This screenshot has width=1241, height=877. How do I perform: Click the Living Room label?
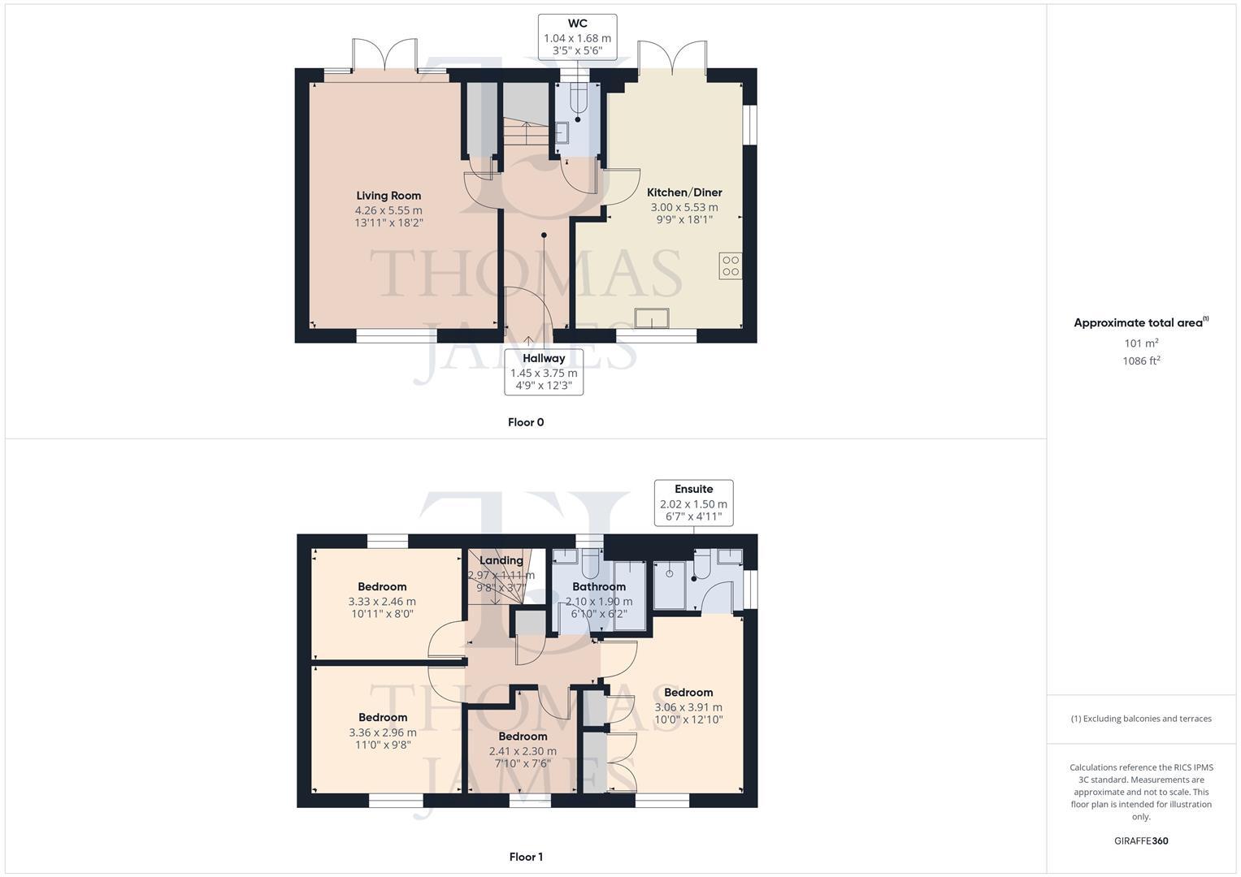coord(388,196)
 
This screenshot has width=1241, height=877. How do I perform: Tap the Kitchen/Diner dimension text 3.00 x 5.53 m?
coord(684,207)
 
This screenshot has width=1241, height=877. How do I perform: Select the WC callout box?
coord(577,37)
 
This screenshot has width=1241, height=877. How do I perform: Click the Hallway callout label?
coord(544,358)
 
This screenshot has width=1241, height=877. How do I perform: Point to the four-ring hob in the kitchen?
coord(730,266)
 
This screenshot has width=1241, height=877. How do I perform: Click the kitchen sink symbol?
coord(653,318)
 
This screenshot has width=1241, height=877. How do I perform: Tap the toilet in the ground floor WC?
coord(579,99)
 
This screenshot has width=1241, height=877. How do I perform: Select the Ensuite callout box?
coord(693,503)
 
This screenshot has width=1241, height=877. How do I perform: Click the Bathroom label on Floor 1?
coord(599,586)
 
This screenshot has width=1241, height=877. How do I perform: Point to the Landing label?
coord(501,560)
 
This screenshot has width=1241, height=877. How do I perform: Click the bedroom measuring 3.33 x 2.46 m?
coord(382,601)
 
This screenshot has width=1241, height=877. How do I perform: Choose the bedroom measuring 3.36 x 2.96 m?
coord(383,732)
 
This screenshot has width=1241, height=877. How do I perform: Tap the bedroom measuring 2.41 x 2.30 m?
coord(523,751)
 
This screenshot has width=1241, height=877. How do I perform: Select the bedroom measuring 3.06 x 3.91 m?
coord(688,706)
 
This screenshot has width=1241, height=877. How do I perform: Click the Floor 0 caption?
coord(526,422)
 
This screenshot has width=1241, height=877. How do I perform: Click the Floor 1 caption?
coord(526,857)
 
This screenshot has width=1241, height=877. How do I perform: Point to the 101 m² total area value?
coord(1141,343)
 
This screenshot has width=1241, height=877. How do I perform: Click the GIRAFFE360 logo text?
coord(1141,841)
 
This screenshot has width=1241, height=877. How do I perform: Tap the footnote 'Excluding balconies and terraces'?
coord(1141,719)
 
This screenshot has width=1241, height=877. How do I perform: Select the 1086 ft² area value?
coord(1141,361)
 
